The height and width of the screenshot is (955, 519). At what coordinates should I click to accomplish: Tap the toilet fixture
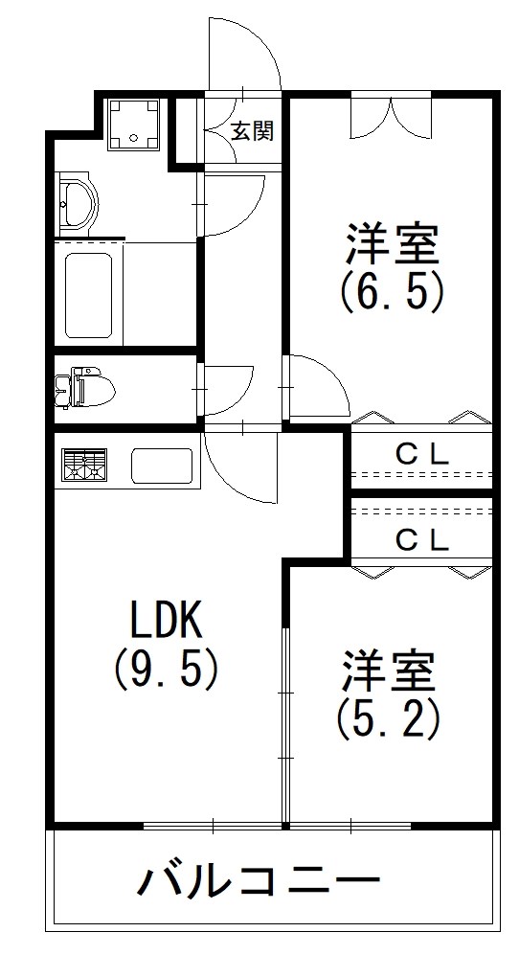pyautogui.click(x=88, y=387)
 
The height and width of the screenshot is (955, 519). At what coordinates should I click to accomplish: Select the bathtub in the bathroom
pyautogui.click(x=89, y=291)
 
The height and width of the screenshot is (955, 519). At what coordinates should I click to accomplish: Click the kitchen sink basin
pyautogui.click(x=163, y=467)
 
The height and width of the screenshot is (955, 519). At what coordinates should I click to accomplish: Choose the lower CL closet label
pyautogui.click(x=422, y=540)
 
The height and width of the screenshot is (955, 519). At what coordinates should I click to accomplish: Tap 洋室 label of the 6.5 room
pyautogui.click(x=392, y=245)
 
